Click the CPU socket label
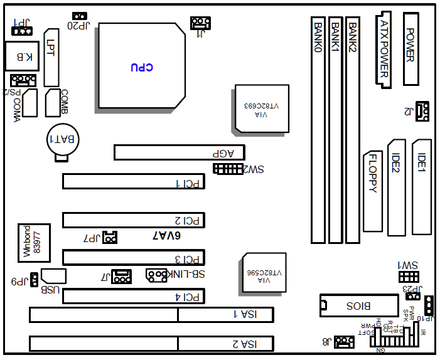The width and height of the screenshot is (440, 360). (142, 67)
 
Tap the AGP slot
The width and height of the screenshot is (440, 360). (179, 152)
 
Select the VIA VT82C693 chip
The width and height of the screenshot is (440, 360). (262, 108)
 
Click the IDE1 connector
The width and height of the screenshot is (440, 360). (422, 186)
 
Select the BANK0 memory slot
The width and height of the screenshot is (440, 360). (319, 130)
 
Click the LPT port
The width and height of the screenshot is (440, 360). (51, 57)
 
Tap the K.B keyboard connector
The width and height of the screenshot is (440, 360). (19, 56)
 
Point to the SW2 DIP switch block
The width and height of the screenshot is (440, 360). (228, 169)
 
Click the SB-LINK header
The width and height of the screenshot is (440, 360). (156, 275)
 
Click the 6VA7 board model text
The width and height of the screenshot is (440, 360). (166, 236)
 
